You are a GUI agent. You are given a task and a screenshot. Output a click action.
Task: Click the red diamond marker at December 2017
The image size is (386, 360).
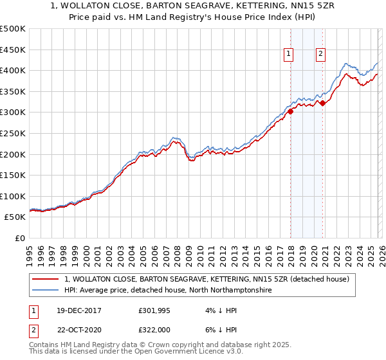pos(290,111)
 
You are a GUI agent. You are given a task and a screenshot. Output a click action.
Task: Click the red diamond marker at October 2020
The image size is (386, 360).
pos(322,103)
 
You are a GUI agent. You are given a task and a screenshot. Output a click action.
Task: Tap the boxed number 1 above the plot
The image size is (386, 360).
pos(288,54)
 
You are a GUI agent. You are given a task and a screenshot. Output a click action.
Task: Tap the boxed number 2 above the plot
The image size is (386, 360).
pos(320,54)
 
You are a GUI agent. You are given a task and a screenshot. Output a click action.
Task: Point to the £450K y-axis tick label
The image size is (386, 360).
pos(13,50)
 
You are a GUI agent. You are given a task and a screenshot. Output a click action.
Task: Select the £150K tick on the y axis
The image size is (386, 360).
pos(13,175)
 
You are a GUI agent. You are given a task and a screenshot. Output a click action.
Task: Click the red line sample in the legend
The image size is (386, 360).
pos(46,279)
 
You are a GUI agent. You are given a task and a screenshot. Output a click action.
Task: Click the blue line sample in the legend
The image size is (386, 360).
pos(46,291)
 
